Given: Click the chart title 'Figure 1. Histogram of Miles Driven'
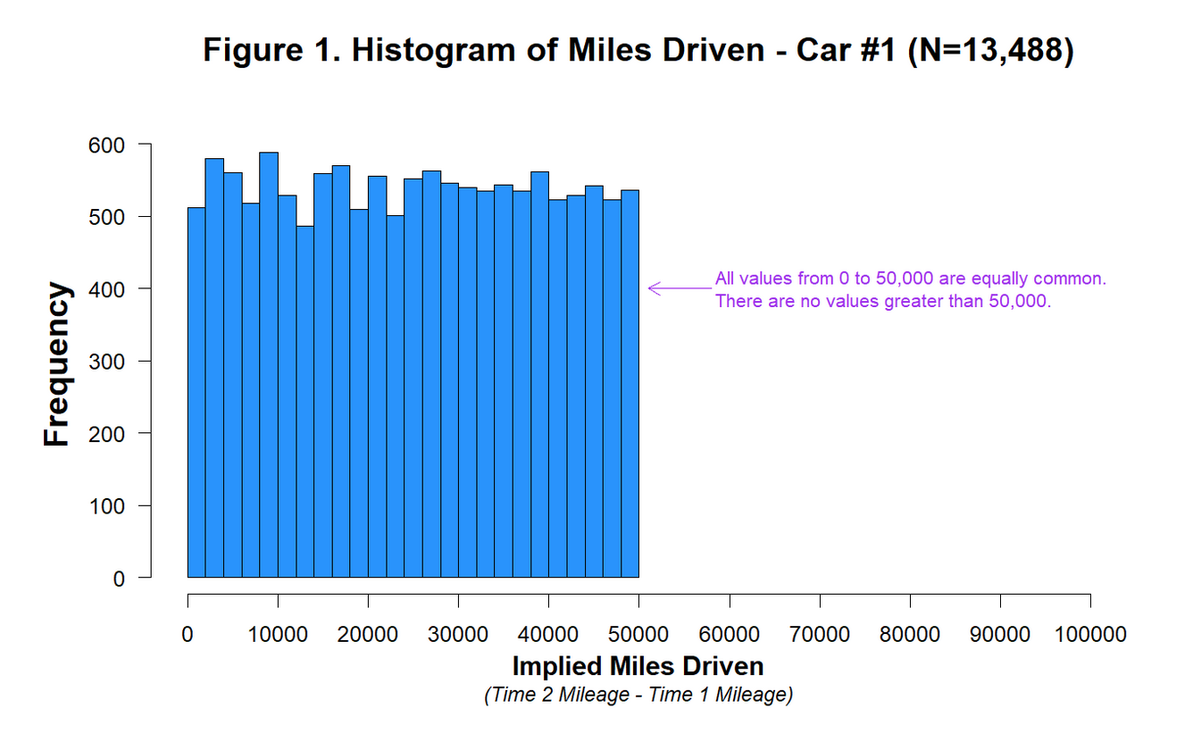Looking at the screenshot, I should pos(483,50).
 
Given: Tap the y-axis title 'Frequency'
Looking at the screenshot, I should pos(57,364).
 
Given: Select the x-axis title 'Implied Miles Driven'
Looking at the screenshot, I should pos(638,666).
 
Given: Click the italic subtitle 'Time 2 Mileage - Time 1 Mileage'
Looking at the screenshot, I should pos(638,695).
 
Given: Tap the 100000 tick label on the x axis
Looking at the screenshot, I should pos(1090,635).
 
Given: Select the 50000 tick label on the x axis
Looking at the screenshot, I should pos(639,635).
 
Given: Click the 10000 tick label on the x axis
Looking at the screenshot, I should pos(278,635).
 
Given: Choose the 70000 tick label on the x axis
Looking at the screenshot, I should pos(820,635).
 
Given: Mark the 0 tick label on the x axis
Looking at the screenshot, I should pos(188,635).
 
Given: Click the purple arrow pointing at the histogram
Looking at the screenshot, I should pos(679,288).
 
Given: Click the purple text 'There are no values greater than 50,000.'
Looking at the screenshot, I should pos(883,302).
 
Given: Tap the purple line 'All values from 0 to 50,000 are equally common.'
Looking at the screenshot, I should pos(910,279).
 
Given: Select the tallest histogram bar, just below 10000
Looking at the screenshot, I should pos(269,366).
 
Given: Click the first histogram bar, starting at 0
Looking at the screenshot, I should pos(196,393).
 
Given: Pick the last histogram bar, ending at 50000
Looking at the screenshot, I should pos(630,384).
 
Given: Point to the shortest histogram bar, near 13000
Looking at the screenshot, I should pos(305,402).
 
